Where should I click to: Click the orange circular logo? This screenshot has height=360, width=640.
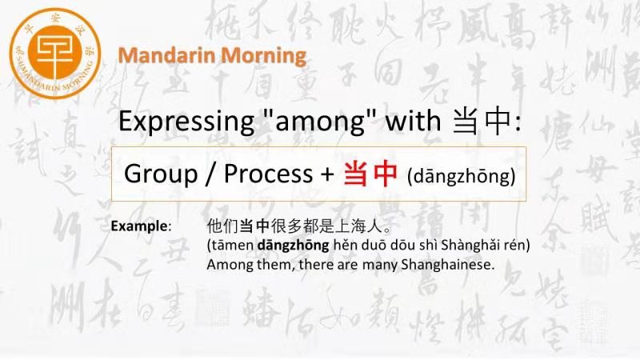[x=54, y=54]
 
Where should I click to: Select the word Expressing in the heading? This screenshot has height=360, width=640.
[x=186, y=122]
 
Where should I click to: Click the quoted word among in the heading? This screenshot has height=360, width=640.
[x=320, y=122]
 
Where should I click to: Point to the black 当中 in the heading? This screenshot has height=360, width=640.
[x=482, y=122]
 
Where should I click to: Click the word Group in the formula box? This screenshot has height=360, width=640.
[x=161, y=174]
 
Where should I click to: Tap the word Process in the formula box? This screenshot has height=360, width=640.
[x=268, y=174]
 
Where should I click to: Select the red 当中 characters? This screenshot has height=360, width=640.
[x=370, y=174]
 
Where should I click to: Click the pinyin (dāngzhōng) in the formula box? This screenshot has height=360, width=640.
[x=462, y=176]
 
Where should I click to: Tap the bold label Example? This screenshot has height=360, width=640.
[x=139, y=226]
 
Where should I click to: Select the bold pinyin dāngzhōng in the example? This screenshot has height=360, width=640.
[x=293, y=246]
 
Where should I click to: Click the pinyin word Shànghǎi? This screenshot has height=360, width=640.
[x=466, y=246]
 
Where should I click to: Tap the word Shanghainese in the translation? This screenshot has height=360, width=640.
[x=447, y=265]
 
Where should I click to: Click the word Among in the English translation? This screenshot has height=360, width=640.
[x=230, y=265]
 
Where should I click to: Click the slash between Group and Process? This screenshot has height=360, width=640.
[x=210, y=174]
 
